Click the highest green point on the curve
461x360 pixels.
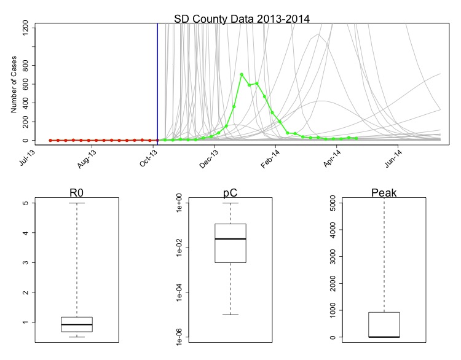[x=242, y=74]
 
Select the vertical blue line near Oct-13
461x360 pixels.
[x=157, y=80]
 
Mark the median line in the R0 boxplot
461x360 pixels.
[x=77, y=324]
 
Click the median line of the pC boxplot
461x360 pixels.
[x=230, y=238]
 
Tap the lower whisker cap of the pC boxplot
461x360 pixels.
[x=230, y=315]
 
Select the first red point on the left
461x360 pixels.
[x=50, y=140]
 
